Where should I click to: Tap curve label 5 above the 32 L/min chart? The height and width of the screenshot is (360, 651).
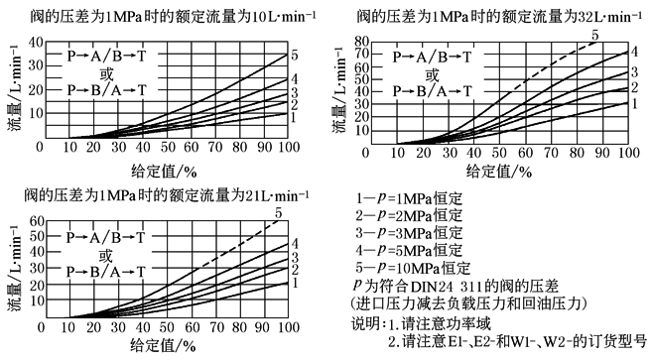point(594,37)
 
